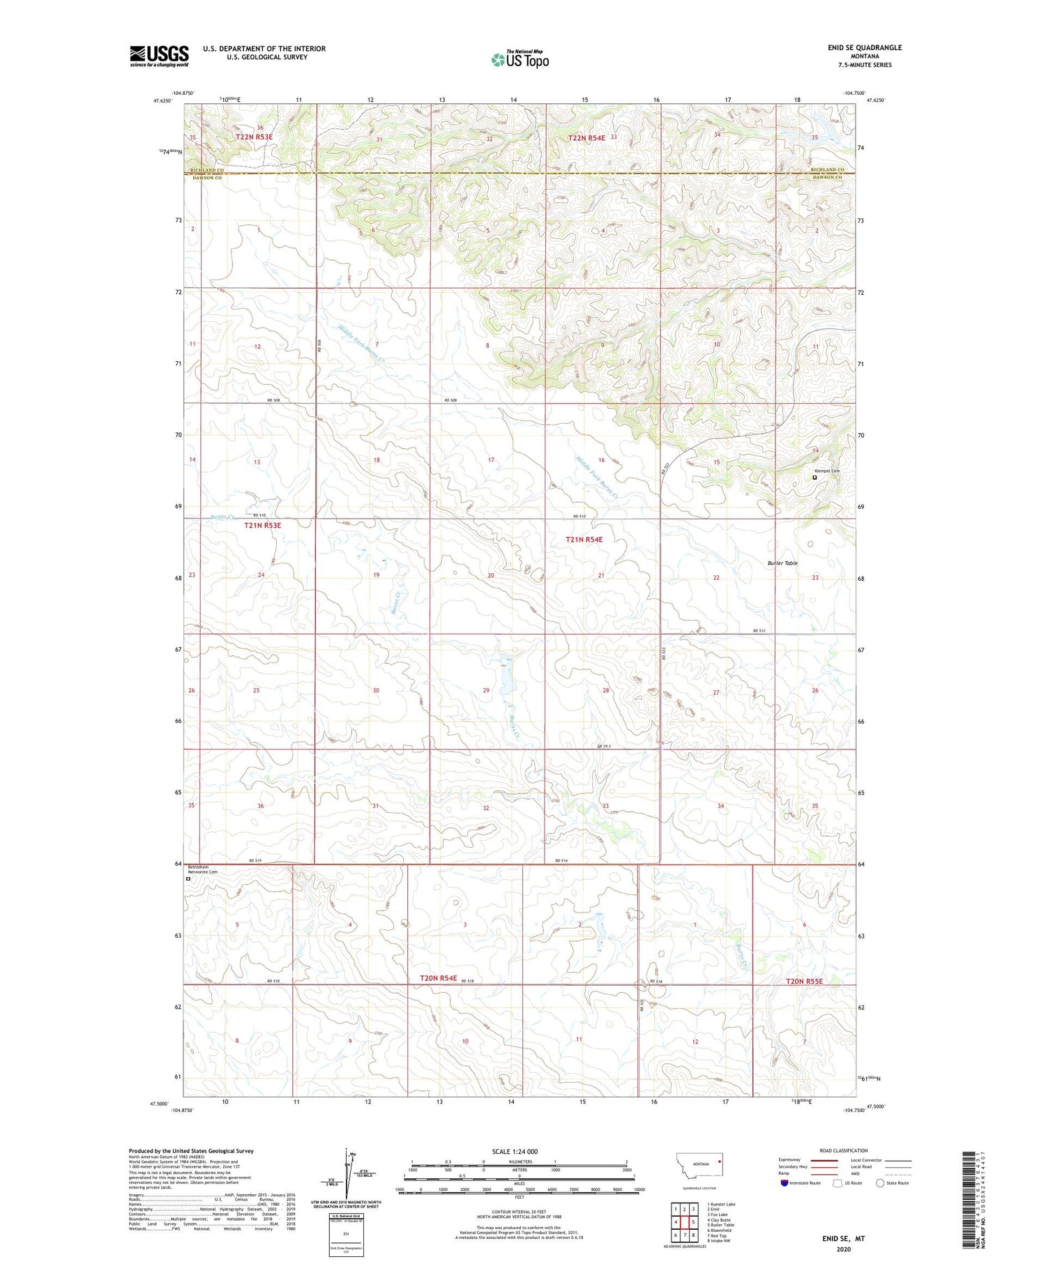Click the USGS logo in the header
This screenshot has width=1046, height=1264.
pyautogui.click(x=159, y=56)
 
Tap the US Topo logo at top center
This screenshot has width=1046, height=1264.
pyautogui.click(x=520, y=60)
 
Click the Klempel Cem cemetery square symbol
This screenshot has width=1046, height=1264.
pyautogui.click(x=814, y=478)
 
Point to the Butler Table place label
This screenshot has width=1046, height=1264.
pyautogui.click(x=782, y=563)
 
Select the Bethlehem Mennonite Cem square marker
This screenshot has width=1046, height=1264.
pyautogui.click(x=188, y=879)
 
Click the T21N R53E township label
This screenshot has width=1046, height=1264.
pyautogui.click(x=263, y=525)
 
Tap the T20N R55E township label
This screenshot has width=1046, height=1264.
pyautogui.click(x=804, y=981)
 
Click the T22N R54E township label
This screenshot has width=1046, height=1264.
pyautogui.click(x=586, y=138)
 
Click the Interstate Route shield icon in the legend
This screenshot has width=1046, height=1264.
pyautogui.click(x=784, y=1182)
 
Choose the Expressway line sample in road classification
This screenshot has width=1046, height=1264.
pyautogui.click(x=823, y=1160)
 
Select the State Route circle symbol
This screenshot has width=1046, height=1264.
pyautogui.click(x=880, y=1182)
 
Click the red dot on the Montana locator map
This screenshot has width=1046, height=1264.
pyautogui.click(x=720, y=1162)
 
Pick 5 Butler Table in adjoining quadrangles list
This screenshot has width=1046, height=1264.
pyautogui.click(x=720, y=1225)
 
